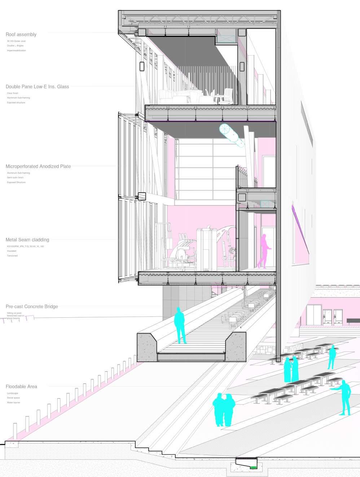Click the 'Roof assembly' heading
click(21, 35)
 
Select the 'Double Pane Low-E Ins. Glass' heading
click(37, 87)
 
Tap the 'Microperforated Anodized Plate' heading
click(38, 167)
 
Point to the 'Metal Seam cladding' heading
click(27, 240)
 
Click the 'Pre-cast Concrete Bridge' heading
click(32, 306)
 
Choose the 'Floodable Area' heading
click(21, 387)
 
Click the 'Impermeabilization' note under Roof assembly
click(16, 50)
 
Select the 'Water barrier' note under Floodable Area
click(13, 402)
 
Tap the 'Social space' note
click(13, 398)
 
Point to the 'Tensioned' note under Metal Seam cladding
click(12, 256)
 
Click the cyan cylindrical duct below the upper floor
click(232, 134)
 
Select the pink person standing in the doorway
click(264, 251)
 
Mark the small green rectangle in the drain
click(254, 467)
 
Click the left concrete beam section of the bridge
click(147, 348)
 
